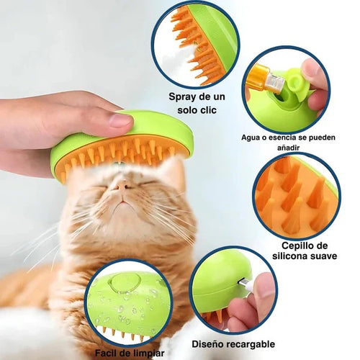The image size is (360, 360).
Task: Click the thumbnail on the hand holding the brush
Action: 121,120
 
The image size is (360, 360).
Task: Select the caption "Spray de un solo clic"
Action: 192,103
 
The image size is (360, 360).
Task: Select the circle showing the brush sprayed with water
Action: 129,302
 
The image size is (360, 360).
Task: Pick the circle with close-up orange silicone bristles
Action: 296,195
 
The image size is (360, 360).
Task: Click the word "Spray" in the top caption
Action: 181,96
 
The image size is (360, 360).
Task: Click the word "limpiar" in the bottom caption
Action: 149,353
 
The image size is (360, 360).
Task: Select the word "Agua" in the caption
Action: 252,136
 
